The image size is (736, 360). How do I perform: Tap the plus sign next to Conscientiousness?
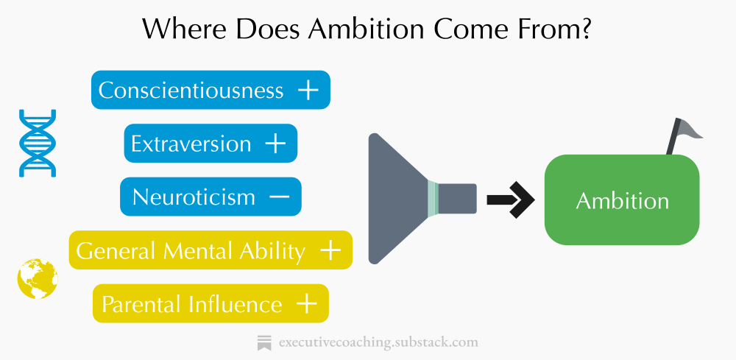point(308,90)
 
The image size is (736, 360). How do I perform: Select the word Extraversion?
point(191,144)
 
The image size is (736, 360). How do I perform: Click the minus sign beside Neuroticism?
point(279,197)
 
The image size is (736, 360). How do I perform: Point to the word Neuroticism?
point(194,197)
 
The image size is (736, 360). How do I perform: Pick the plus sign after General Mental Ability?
point(330,251)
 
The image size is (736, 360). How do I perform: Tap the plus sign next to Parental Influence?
point(306,304)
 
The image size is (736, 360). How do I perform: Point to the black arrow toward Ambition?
point(509,199)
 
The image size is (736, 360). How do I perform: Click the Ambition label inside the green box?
point(622,201)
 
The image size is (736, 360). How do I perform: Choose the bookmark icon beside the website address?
point(264,342)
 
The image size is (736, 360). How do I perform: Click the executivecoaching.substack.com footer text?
point(378,342)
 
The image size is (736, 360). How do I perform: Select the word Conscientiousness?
point(191,90)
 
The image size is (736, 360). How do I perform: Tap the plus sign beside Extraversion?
point(275,144)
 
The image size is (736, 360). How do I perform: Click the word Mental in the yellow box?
point(200,251)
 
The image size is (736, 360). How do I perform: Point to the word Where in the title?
point(179,29)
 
